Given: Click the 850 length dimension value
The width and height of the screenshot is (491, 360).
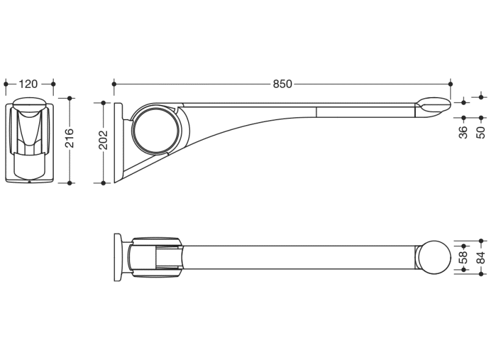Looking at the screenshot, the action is tap(282, 84).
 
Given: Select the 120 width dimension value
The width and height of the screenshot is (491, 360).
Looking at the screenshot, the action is tap(28, 84).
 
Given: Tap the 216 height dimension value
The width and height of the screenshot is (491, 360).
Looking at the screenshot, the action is tap(70, 138).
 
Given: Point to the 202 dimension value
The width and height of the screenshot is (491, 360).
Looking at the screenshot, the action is tap(104, 140).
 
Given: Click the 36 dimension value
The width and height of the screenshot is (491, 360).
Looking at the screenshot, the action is tap(464, 132).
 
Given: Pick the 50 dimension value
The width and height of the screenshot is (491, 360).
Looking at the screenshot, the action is tap(481, 132).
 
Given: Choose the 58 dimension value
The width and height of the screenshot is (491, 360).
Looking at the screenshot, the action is tap(464, 257).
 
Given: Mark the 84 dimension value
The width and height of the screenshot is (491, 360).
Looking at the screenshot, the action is tap(481, 257).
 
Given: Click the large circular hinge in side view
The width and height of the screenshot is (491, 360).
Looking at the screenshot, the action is tap(156, 130).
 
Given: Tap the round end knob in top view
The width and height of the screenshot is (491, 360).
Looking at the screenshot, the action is tap(434, 257).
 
